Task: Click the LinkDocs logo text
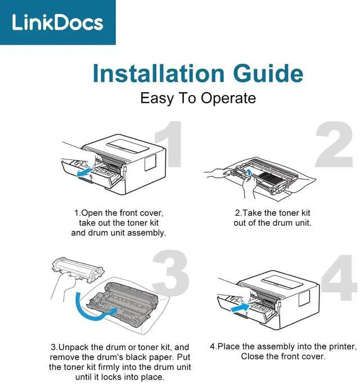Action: [x=58, y=23]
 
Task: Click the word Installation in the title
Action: [x=158, y=73]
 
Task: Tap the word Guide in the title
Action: [x=268, y=73]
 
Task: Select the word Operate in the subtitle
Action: [x=228, y=99]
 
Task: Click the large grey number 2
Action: [x=334, y=144]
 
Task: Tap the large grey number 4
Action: [x=339, y=278]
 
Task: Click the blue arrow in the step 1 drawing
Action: [x=85, y=172]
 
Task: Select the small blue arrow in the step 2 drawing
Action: [x=249, y=172]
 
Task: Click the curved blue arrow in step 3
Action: [x=91, y=310]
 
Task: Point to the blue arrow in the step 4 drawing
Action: [x=240, y=307]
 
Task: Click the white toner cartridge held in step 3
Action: [x=78, y=269]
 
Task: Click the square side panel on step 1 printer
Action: [x=150, y=162]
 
